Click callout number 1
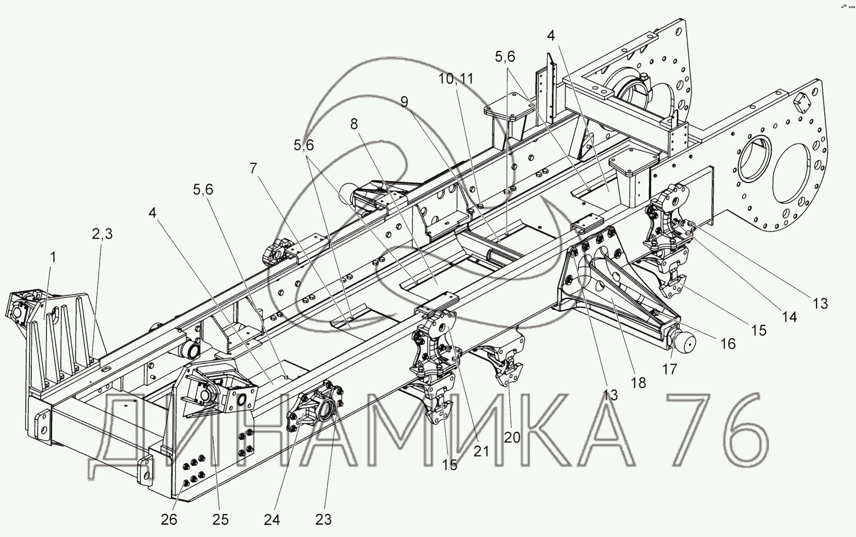click(x=53, y=258)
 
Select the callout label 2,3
click(x=102, y=234)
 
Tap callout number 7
click(x=254, y=168)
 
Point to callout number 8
click(x=354, y=124)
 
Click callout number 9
click(x=404, y=102)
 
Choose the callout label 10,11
click(x=456, y=79)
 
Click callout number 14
click(x=790, y=317)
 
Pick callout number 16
click(x=728, y=344)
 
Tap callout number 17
click(x=670, y=369)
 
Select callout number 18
click(x=639, y=382)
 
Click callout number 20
click(x=512, y=437)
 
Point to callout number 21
click(x=481, y=452)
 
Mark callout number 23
click(x=323, y=520)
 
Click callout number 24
click(x=272, y=520)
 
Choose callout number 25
click(x=220, y=520)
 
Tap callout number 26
click(x=169, y=520)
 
